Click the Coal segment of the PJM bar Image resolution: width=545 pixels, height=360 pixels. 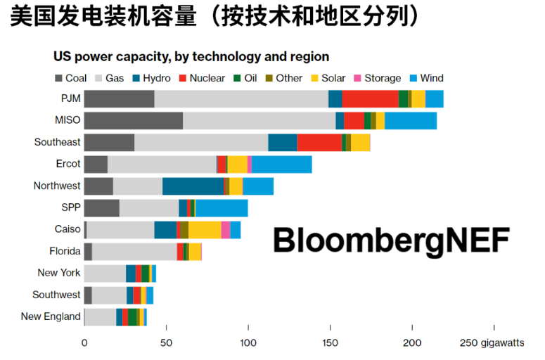(119, 99)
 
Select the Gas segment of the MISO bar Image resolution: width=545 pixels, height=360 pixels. (259, 120)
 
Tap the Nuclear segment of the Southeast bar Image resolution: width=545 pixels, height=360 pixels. (319, 142)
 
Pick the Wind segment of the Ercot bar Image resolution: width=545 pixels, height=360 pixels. (281, 164)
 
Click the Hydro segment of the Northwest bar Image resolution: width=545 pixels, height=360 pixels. (193, 186)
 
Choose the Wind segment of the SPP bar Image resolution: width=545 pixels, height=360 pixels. (222, 208)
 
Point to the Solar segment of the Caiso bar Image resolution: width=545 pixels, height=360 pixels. (205, 230)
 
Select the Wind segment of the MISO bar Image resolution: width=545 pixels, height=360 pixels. (411, 120)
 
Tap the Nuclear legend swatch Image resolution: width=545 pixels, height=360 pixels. (183, 78)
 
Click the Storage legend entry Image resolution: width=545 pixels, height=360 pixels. (377, 78)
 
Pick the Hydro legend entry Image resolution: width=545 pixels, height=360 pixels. (150, 78)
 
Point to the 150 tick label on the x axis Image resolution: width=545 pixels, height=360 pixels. (330, 343)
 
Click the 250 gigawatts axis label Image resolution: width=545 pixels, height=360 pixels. (492, 343)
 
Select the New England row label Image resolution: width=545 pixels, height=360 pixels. (51, 316)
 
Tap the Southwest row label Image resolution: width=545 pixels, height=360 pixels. (56, 295)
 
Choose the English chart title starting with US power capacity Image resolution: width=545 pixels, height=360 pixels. (191, 56)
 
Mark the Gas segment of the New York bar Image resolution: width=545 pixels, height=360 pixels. (105, 274)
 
